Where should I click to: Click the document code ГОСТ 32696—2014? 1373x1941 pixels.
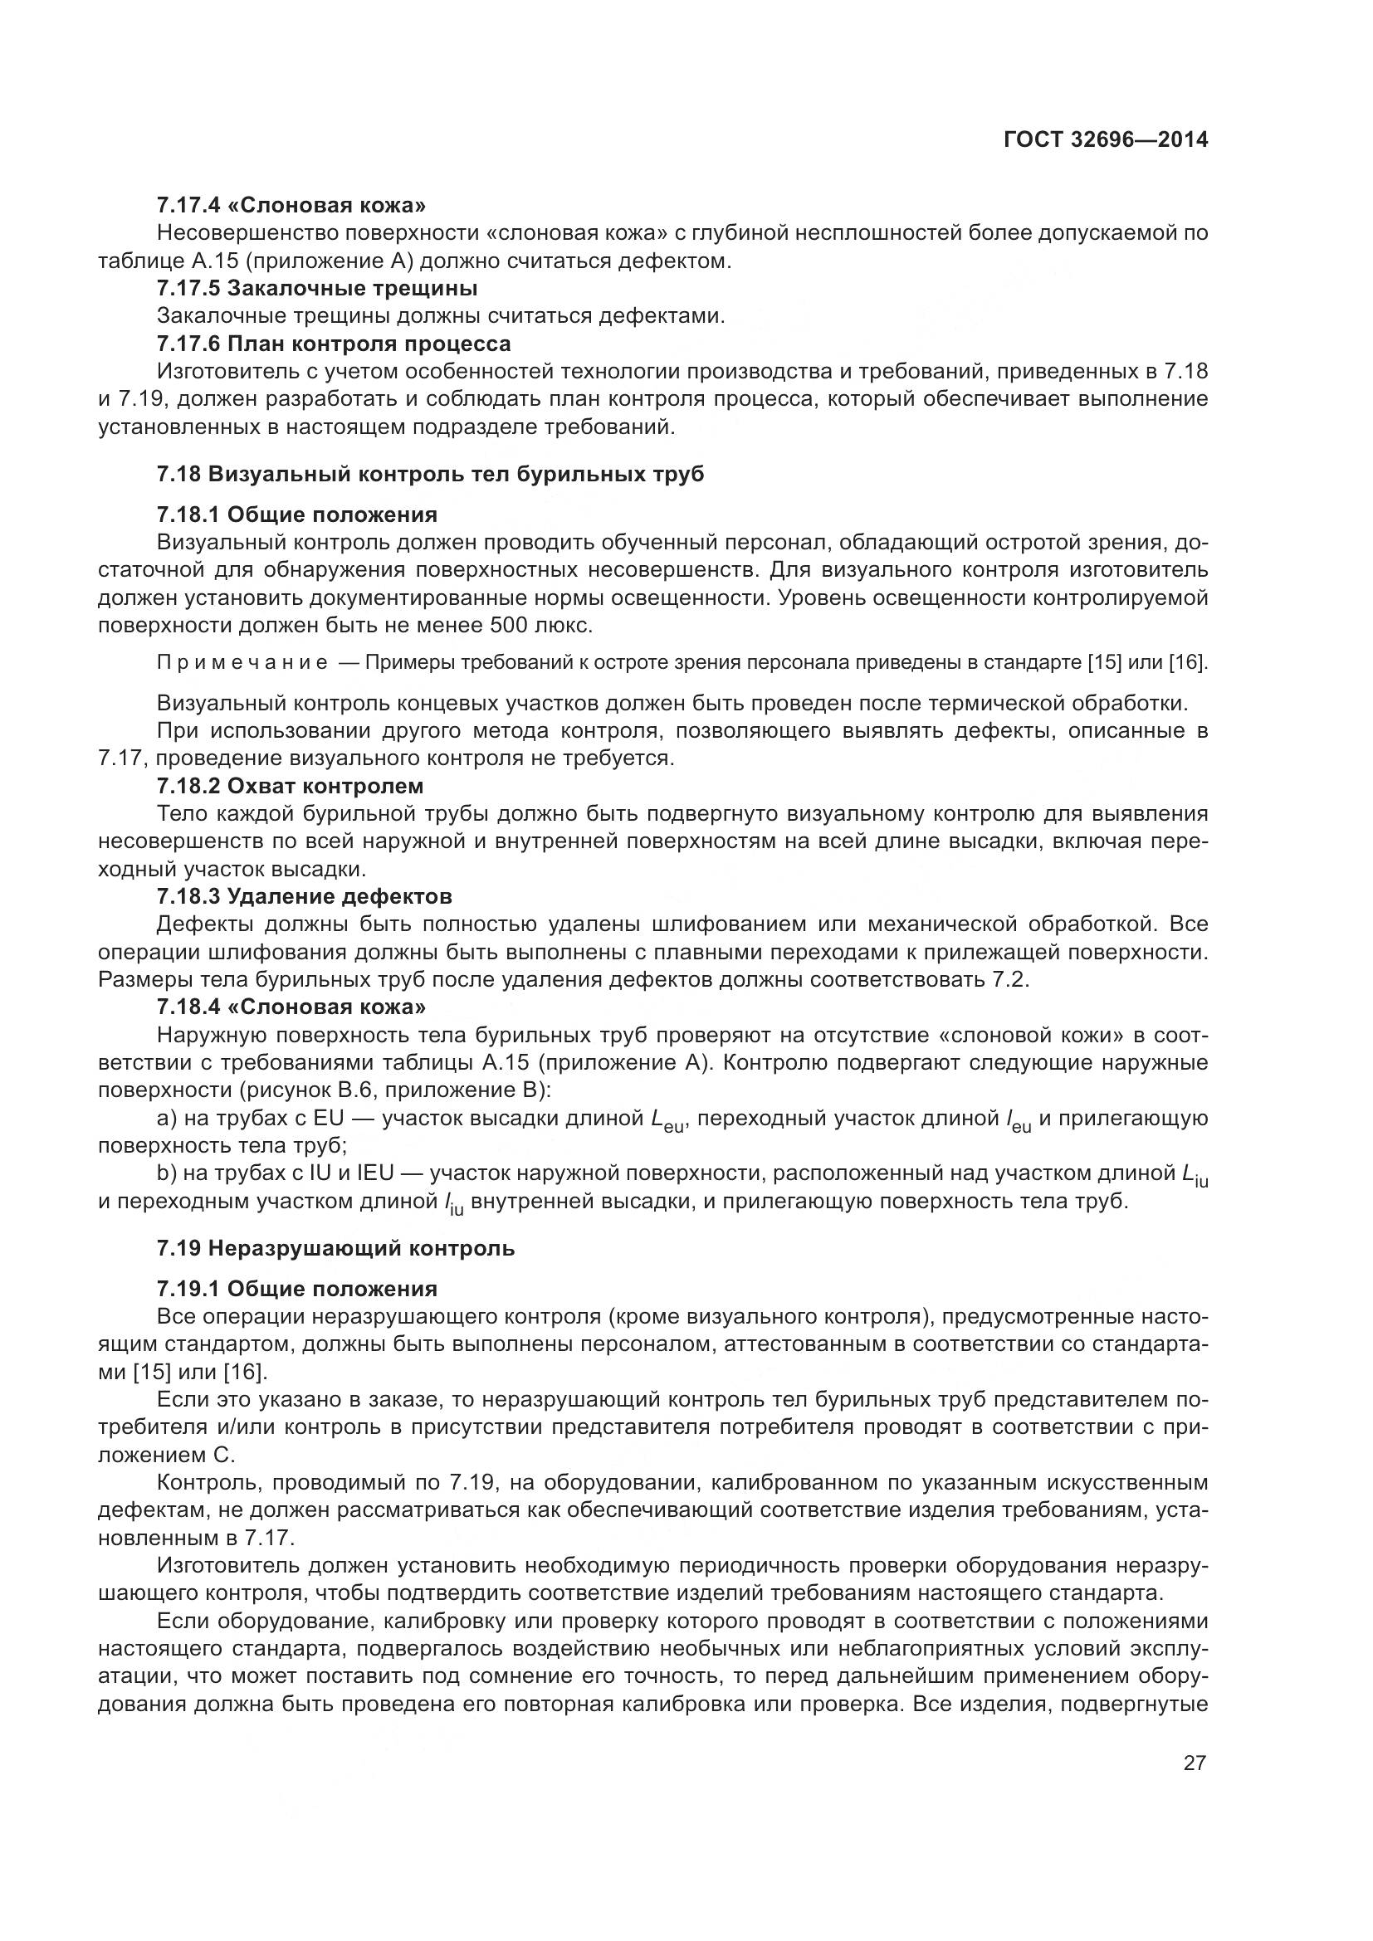coord(1105,140)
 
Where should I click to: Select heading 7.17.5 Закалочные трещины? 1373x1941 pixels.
coord(317,288)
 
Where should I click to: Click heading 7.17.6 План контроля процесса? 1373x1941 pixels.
coord(333,344)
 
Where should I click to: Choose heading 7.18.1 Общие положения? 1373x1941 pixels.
coord(296,514)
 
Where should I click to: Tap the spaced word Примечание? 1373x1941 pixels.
coord(242,662)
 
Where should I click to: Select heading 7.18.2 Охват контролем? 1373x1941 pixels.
coord(290,785)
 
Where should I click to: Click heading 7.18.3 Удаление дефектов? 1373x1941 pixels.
coord(304,895)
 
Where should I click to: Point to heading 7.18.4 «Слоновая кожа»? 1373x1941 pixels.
coord(291,1007)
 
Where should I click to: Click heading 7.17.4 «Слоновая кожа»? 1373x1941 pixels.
coord(291,205)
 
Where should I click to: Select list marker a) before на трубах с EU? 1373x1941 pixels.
coord(167,1119)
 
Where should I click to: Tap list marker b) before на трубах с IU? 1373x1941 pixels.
coord(167,1173)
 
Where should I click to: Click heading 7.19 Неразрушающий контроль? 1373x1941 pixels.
coord(335,1248)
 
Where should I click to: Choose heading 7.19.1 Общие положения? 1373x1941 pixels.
coord(296,1289)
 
